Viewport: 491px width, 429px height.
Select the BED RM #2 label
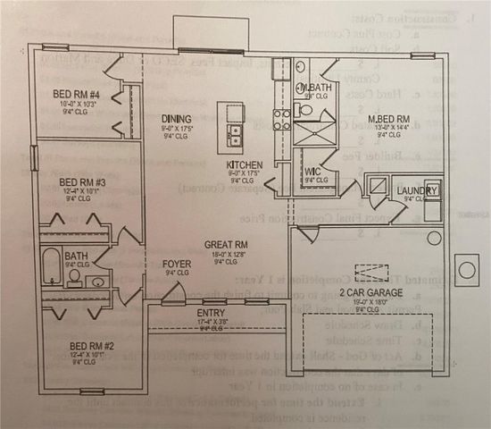89,344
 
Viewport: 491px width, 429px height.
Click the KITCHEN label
244,165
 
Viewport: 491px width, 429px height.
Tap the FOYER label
177,265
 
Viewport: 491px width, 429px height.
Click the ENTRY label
211,313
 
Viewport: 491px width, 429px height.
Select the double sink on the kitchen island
236,135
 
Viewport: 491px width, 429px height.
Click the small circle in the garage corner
434,239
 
